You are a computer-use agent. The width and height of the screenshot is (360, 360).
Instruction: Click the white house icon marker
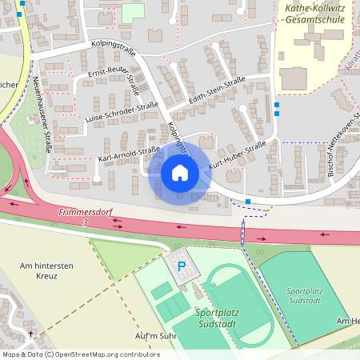[x=180, y=173]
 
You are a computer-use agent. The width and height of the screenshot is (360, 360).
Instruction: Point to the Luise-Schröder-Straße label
[x=121, y=112]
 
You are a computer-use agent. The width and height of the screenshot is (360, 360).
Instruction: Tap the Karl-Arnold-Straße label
[x=124, y=153]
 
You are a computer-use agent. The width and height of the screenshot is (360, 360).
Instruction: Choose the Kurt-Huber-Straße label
[x=238, y=155]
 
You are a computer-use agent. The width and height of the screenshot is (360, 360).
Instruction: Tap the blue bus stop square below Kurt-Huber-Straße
[x=248, y=201]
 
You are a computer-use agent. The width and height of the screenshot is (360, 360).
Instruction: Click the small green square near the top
[x=133, y=12]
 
